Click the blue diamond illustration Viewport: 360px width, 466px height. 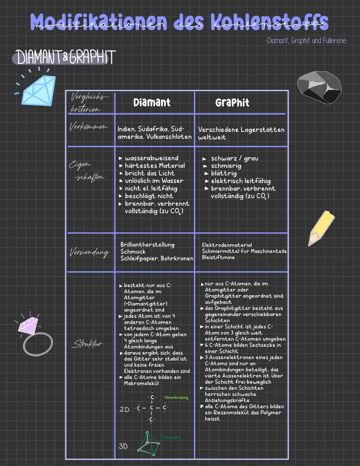38,90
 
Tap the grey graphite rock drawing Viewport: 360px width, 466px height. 319,87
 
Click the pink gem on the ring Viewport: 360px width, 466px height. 28,326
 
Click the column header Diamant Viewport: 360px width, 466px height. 152,102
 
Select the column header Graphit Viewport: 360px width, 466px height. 232,102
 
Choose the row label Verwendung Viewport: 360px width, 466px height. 89,252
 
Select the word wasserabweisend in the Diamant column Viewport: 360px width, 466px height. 152,158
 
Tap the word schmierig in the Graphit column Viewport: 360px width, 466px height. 226,166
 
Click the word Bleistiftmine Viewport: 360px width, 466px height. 218,258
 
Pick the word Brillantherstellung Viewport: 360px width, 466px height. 147,245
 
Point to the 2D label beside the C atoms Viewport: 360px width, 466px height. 124,409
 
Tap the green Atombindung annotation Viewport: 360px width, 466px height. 176,398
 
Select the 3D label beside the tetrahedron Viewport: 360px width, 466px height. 123,446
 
